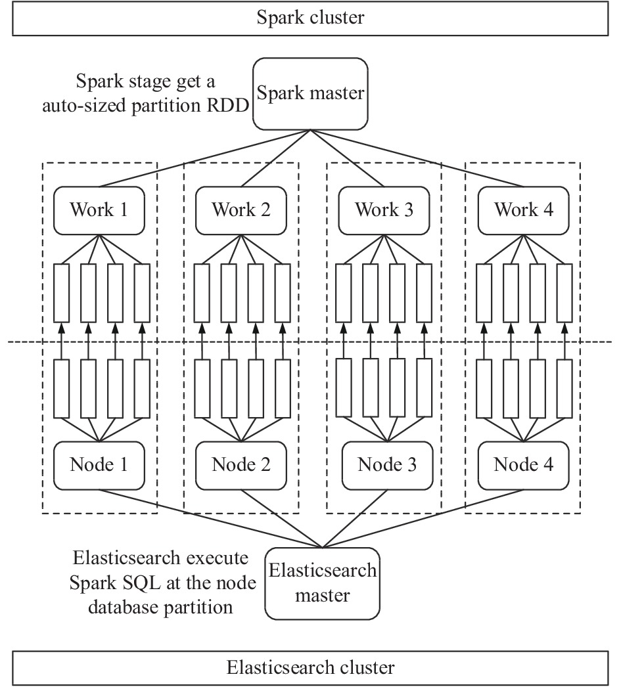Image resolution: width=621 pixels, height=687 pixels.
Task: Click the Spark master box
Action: tap(310, 94)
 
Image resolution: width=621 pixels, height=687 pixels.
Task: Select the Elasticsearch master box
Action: tap(322, 583)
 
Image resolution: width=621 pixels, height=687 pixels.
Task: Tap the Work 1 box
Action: tap(99, 210)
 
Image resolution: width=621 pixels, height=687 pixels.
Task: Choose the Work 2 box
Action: tap(241, 210)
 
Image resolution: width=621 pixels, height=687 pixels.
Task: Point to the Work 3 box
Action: tap(384, 210)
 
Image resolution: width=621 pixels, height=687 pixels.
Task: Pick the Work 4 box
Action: tap(524, 210)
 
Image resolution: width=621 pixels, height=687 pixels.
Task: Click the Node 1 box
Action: tap(99, 465)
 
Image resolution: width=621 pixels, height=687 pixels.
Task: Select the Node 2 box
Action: tap(241, 465)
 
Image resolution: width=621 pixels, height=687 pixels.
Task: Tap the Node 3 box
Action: tap(388, 465)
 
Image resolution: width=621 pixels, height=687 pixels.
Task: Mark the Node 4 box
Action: tap(524, 465)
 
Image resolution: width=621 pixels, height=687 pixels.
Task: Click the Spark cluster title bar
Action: tap(310, 18)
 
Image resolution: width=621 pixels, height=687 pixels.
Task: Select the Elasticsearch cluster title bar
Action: tap(310, 668)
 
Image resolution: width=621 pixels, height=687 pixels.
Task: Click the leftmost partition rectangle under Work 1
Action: tap(61, 293)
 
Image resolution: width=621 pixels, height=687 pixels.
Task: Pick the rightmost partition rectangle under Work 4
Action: tap(564, 293)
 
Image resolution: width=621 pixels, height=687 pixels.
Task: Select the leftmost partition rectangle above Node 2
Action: tap(202, 389)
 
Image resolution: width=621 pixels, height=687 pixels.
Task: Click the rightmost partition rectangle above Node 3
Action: tap(425, 388)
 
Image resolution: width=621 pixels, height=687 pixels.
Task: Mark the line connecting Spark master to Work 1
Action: tap(204, 158)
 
